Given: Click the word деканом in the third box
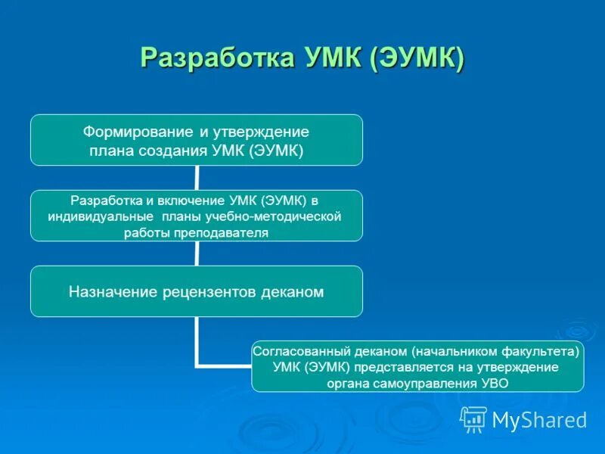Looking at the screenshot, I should click(x=295, y=291).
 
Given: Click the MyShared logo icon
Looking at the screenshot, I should click(x=473, y=418).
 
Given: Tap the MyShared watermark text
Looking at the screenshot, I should click(x=539, y=420).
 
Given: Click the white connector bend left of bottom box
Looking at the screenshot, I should click(x=198, y=366).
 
